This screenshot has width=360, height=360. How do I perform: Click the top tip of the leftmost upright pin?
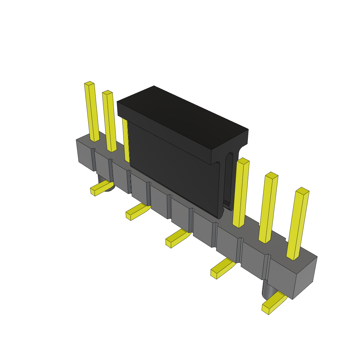pos(89,84)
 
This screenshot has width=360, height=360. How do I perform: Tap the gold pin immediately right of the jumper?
pos(241,193)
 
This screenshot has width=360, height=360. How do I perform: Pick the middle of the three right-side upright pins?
pos(268,207)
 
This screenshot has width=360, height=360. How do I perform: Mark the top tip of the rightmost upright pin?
pos(302,191)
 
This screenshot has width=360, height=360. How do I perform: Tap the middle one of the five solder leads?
pos(178,238)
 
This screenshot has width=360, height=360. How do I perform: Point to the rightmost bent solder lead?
pos(274,304)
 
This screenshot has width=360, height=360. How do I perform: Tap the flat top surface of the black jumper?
pos(183,116)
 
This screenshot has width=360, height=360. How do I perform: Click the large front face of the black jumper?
pos(172,165)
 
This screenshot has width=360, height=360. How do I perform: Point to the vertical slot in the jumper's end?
pos(230,179)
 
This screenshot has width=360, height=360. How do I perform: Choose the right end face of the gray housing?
pos(304,278)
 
